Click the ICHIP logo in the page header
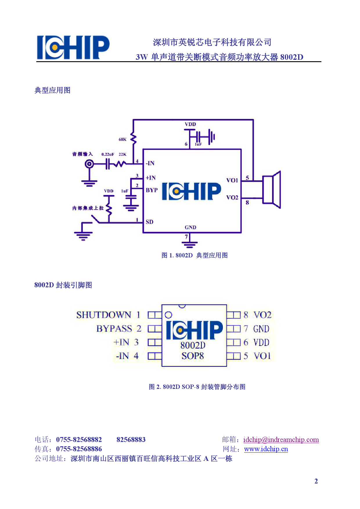pos(73,48)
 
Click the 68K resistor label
pos(122,140)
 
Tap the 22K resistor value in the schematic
pos(123,154)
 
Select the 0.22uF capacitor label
pos(108,154)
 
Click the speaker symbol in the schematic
pos(271,190)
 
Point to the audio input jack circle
pos(89,164)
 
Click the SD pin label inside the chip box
pos(150,222)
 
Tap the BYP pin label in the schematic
pos(152,190)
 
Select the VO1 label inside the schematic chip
pos(232,181)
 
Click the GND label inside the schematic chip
pos(190,228)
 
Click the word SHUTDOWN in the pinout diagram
pos(104,315)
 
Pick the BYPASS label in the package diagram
pos(114,329)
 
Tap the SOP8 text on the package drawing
pos(193,356)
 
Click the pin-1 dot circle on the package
pos(168,315)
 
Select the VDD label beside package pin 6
pos(261,343)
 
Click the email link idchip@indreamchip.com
pos(281,440)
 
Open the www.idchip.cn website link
pos(266,449)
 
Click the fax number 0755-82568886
pos(79,449)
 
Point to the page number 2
pos(316,481)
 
